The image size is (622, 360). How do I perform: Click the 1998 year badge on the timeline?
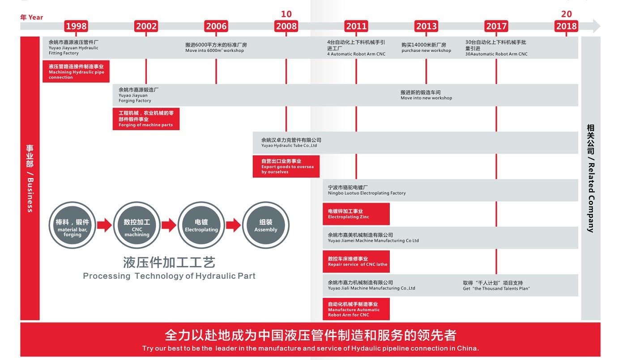(76, 26)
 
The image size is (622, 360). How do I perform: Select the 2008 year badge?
(286, 26)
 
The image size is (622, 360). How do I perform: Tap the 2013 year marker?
(426, 26)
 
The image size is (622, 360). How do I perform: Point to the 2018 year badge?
(566, 26)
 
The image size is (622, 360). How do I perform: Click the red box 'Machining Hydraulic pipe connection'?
(76, 72)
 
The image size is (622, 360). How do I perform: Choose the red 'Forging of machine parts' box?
(146, 119)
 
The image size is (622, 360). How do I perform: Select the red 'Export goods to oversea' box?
(286, 166)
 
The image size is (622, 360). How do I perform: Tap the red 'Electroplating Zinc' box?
(356, 214)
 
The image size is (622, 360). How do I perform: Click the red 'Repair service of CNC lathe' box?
(356, 261)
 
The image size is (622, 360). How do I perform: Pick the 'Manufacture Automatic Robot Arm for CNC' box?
(356, 309)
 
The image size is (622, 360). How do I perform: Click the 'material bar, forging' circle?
(72, 225)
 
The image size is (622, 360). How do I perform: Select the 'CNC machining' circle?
(137, 225)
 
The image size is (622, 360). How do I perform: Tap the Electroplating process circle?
(201, 225)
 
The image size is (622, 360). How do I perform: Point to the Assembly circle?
(266, 225)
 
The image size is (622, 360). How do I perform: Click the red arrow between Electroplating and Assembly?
(234, 225)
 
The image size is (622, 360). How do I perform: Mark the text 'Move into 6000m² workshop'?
(215, 51)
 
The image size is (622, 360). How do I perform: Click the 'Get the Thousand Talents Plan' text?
(496, 288)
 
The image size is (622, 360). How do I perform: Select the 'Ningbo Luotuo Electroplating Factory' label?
(366, 193)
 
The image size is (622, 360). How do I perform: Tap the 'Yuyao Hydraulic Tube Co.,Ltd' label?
(289, 146)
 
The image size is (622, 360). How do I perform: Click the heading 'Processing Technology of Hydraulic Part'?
(169, 276)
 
